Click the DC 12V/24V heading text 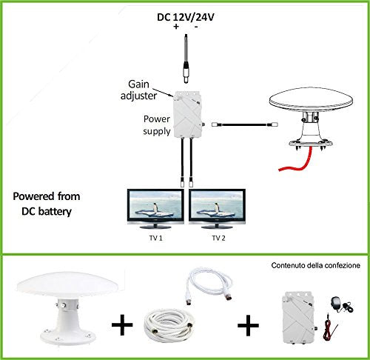(186, 17)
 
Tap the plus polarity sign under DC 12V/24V (176, 26)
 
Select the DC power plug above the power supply (186, 59)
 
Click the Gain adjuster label (138, 90)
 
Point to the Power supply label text (157, 125)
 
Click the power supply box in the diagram (188, 115)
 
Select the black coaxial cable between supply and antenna (244, 124)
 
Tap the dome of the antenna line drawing (311, 100)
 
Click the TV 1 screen (155, 206)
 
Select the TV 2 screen (217, 206)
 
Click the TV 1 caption (155, 238)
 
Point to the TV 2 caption (218, 238)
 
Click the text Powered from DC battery (47, 204)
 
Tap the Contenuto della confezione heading (315, 266)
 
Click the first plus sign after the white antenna (122, 324)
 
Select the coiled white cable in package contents (169, 324)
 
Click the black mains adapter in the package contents (342, 304)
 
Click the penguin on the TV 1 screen (155, 207)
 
